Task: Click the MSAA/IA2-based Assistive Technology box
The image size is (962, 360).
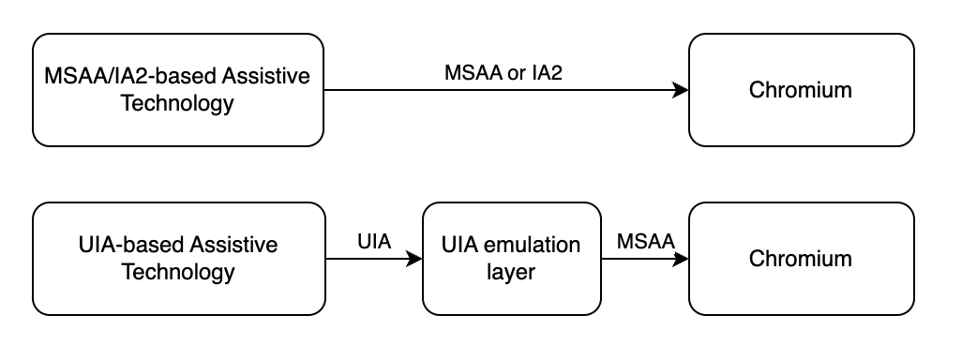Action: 177,90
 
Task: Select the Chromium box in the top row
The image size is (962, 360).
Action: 801,90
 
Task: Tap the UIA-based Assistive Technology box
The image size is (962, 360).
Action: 177,259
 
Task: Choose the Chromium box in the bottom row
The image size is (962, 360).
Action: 801,259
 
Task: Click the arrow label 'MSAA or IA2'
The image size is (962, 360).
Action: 503,73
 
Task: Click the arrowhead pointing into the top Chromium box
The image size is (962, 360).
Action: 682,90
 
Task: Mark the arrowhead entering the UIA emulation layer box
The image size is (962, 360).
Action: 415,259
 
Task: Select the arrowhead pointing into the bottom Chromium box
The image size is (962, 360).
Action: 682,259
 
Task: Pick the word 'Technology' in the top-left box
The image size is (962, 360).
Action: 177,103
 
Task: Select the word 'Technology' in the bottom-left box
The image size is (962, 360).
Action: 177,273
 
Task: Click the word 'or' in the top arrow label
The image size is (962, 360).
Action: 517,73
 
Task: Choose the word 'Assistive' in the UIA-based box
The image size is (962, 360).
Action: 233,246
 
